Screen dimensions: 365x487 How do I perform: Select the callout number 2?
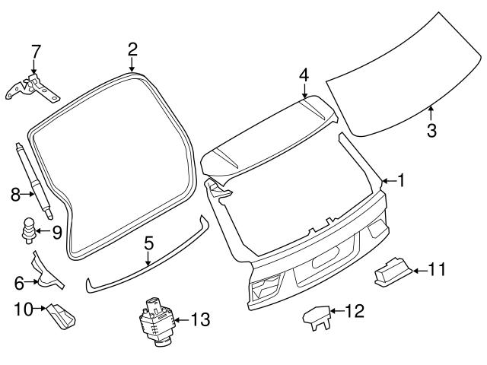[x=132, y=49]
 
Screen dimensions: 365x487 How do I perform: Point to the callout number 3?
[x=431, y=130]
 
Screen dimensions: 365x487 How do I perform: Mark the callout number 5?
[x=149, y=243]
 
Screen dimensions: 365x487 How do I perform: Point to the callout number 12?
[x=355, y=310]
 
